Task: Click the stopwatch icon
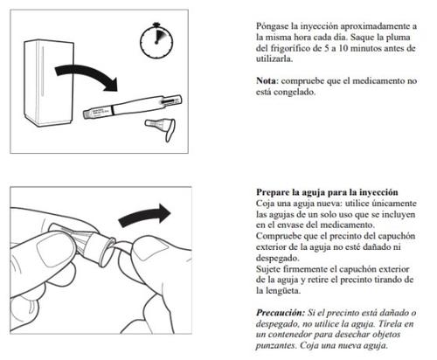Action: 156,41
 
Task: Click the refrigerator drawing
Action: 49,83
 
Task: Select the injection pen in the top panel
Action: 133,107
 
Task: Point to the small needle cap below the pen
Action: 161,128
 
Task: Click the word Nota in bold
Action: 266,80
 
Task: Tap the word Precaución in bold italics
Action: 281,313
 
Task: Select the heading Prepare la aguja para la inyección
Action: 327,192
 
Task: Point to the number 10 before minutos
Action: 343,48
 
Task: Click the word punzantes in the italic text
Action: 275,346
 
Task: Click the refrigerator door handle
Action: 42,72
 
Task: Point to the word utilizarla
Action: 274,59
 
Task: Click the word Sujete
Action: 268,269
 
